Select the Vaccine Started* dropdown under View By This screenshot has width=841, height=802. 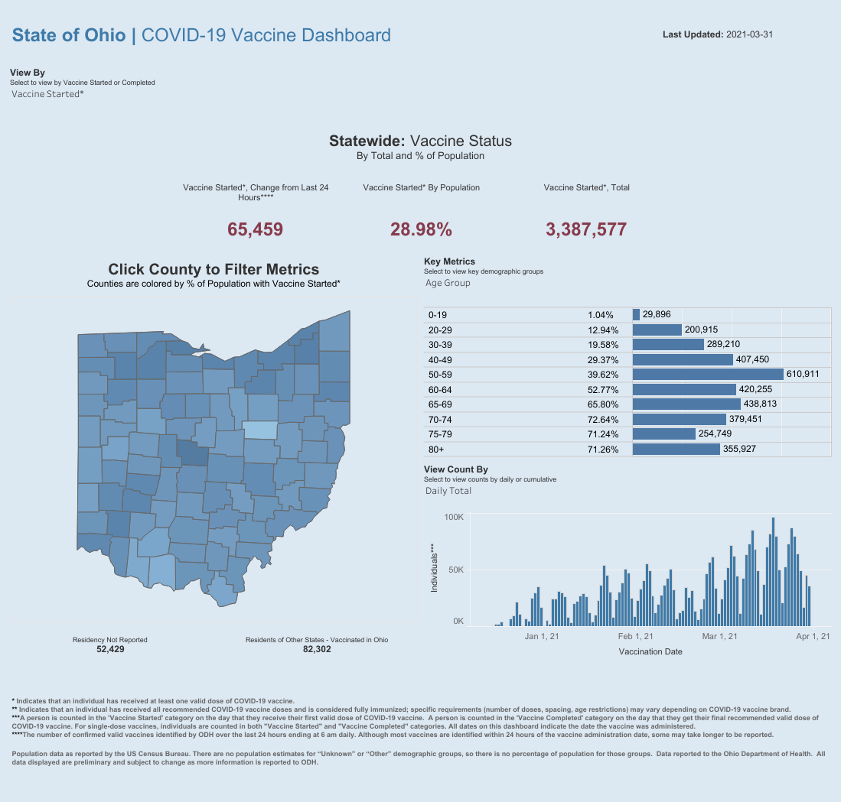pyautogui.click(x=47, y=94)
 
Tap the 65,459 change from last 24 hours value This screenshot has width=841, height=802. pyautogui.click(x=256, y=229)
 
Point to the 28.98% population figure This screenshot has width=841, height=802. pyautogui.click(x=421, y=229)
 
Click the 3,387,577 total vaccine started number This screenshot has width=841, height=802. pyautogui.click(x=586, y=229)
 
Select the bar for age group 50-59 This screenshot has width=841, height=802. pyautogui.click(x=708, y=374)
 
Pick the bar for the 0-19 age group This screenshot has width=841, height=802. pyautogui.click(x=636, y=315)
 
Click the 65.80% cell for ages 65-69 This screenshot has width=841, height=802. pyautogui.click(x=602, y=404)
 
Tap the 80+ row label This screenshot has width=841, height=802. pyautogui.click(x=436, y=449)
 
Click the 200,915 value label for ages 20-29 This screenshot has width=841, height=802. pyautogui.click(x=701, y=330)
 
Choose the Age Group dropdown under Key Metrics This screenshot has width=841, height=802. pyautogui.click(x=448, y=283)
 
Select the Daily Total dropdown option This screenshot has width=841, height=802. pyautogui.click(x=448, y=491)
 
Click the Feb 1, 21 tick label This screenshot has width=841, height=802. pyautogui.click(x=636, y=636)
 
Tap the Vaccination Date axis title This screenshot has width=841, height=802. pyautogui.click(x=650, y=652)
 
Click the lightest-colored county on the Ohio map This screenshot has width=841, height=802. pyautogui.click(x=259, y=430)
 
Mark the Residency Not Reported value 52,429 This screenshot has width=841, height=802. pyautogui.click(x=110, y=649)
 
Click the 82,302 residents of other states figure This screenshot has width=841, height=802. pyautogui.click(x=317, y=649)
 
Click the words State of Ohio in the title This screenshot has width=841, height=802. pyautogui.click(x=69, y=35)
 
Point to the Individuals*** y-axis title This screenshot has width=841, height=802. pyautogui.click(x=434, y=570)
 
